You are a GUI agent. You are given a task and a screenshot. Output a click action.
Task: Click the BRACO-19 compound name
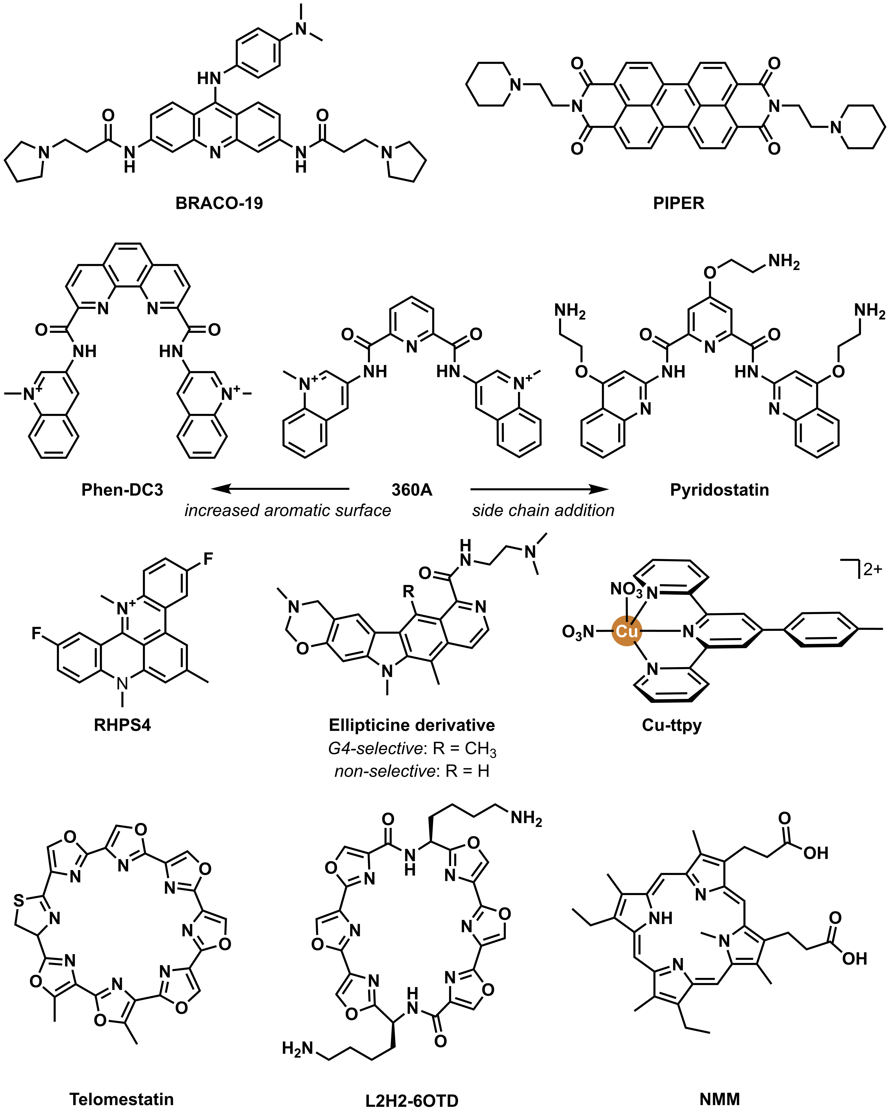pos(219,203)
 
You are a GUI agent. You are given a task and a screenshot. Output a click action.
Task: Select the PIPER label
pos(679,203)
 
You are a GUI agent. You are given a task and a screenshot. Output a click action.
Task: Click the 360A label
pos(412,490)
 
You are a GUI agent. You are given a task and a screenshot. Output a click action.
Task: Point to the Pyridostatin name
pos(719,490)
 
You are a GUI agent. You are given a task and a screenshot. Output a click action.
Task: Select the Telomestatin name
pos(121,1099)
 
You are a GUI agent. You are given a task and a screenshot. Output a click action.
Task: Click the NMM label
pos(719,1099)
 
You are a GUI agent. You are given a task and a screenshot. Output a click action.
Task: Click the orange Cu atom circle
pos(627,631)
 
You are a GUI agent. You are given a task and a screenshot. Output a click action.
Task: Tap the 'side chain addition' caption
pos(543,510)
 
